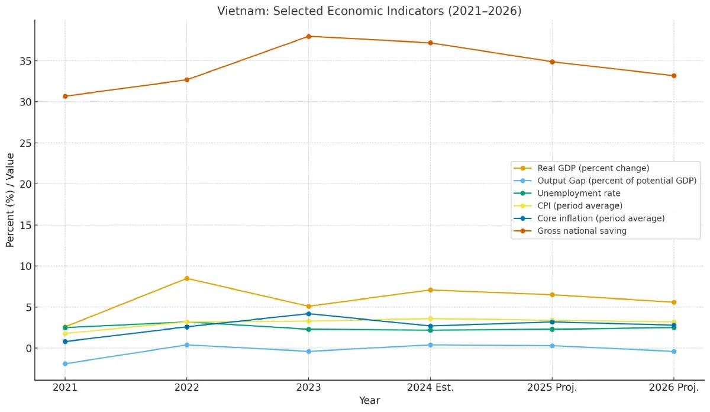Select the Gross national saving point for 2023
pos(308,37)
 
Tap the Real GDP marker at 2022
pos(187,278)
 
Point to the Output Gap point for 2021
pos(65,364)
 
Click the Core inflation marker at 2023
pos(308,314)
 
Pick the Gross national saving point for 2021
pos(65,96)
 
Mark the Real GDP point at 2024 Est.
pos(430,290)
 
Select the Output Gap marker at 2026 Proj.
pos(673,352)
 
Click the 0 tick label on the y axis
pos(27,348)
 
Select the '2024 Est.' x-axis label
pos(430,388)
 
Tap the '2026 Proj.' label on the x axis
pos(673,388)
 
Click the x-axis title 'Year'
pos(369,401)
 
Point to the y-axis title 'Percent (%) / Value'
pos(10,200)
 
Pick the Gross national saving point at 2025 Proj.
pos(552,62)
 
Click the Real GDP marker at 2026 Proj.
pos(673,302)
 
